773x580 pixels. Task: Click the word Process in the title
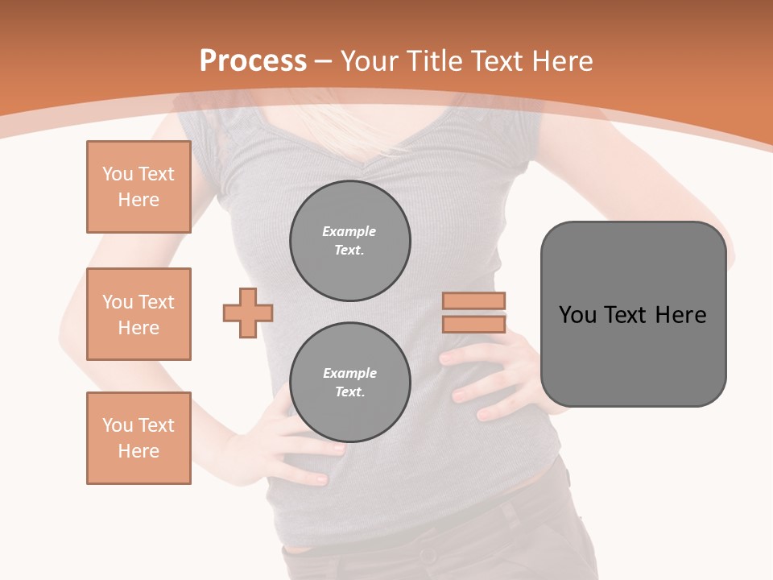click(x=253, y=60)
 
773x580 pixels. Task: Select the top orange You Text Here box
click(x=138, y=187)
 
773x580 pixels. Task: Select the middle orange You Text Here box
click(x=138, y=314)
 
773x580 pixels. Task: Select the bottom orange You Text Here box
click(x=138, y=438)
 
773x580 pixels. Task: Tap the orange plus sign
click(x=248, y=313)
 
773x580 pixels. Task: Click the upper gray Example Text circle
click(x=350, y=240)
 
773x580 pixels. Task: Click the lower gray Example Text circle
click(x=350, y=382)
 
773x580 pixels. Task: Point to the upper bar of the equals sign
click(x=474, y=300)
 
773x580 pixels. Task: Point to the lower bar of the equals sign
click(x=474, y=325)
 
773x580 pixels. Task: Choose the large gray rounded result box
click(x=633, y=354)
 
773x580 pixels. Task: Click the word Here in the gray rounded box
click(x=680, y=314)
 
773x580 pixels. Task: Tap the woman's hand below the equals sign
click(x=491, y=379)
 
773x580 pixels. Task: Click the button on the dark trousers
click(x=423, y=555)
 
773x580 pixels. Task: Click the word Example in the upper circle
click(x=349, y=231)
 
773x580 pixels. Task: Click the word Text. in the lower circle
click(x=350, y=391)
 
